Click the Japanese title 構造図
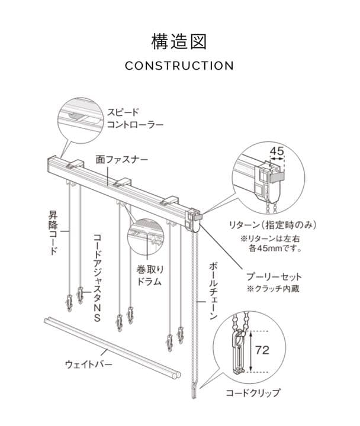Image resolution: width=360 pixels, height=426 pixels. [x=179, y=41]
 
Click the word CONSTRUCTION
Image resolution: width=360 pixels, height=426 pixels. [x=179, y=66]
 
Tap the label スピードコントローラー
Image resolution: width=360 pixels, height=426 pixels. [x=134, y=118]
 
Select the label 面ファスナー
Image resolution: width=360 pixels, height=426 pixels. [x=122, y=160]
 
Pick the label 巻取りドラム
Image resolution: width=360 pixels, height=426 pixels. [x=150, y=275]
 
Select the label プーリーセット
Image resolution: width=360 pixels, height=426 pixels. [x=277, y=276]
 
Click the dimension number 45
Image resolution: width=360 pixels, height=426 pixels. [x=277, y=151]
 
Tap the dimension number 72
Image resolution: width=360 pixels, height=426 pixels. [x=262, y=350]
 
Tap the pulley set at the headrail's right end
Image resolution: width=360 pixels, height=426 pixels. [x=195, y=221]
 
